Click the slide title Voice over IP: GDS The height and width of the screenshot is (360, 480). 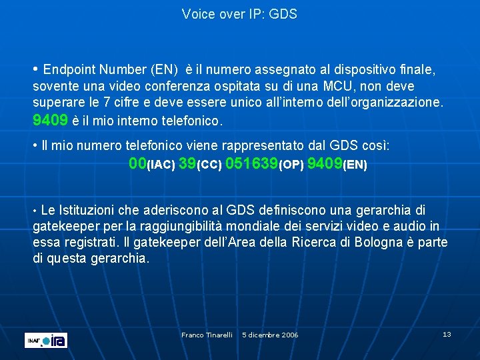[239, 14]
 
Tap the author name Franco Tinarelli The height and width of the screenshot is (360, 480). [207, 335]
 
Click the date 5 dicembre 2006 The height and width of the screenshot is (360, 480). [270, 335]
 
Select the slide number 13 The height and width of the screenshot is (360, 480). [447, 334]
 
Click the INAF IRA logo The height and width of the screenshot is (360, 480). [46, 340]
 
